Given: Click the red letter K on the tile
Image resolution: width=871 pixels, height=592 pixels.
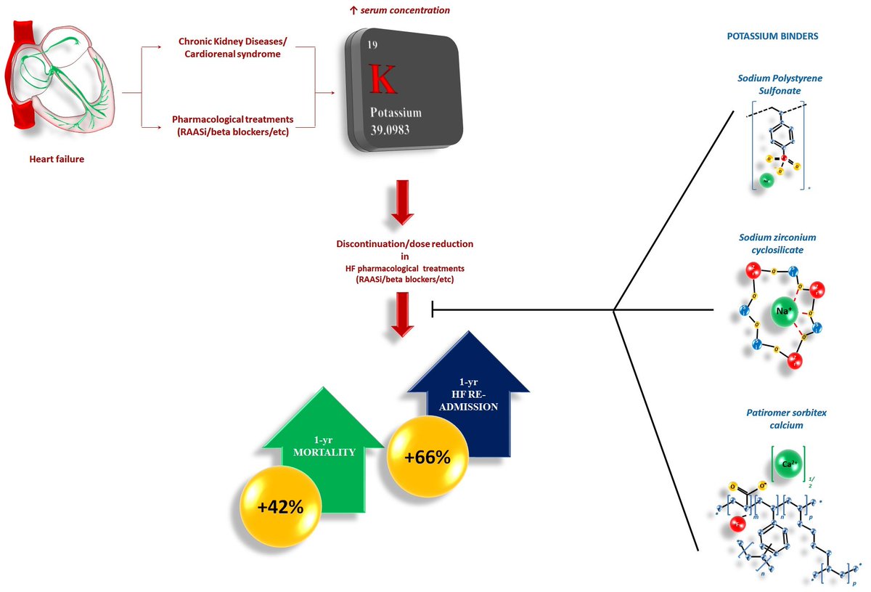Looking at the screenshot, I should click(x=383, y=80).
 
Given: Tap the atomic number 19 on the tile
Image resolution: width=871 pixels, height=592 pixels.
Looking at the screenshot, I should click(x=372, y=45).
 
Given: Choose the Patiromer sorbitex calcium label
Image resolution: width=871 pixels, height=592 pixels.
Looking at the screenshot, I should click(x=776, y=418).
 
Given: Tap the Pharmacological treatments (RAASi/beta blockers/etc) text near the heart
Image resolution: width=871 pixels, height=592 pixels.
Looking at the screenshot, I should click(x=232, y=124).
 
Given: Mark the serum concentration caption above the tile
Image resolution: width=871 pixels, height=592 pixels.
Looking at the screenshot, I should click(x=400, y=10).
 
